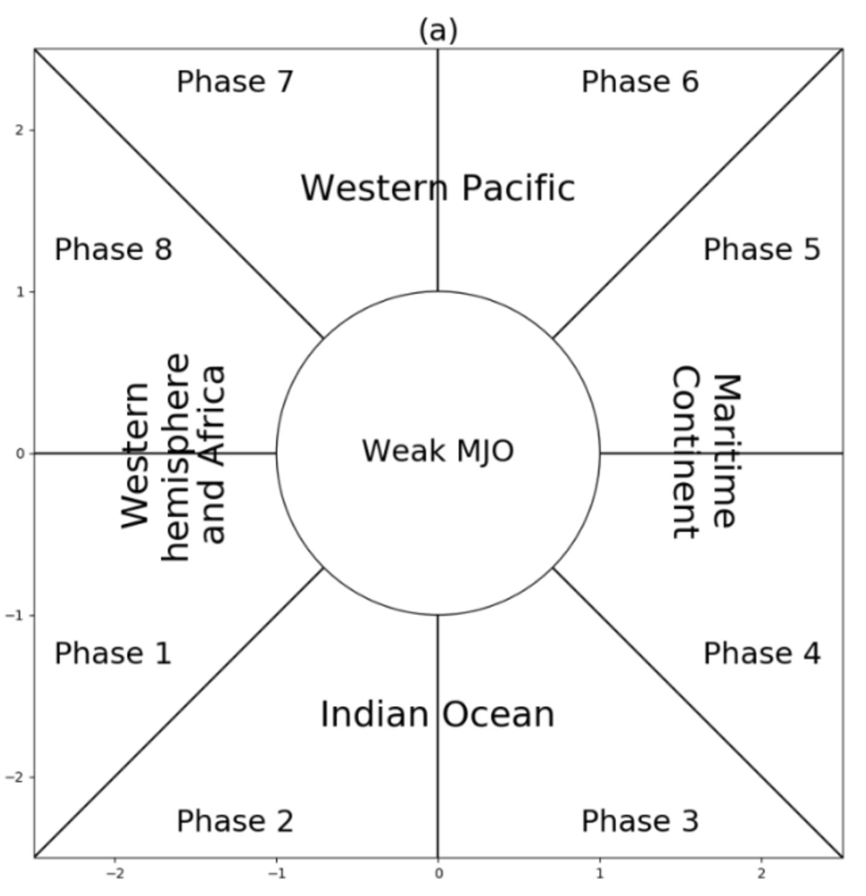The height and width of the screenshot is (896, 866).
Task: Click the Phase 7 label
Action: (x=235, y=82)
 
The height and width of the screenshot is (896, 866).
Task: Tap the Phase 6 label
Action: (x=640, y=82)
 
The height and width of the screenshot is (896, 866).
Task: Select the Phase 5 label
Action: (x=761, y=250)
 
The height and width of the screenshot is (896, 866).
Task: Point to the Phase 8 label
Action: (x=113, y=250)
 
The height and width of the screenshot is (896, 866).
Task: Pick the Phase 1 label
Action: (x=113, y=654)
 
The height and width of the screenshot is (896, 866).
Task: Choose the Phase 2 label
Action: (x=235, y=821)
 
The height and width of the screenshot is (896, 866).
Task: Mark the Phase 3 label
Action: (x=640, y=821)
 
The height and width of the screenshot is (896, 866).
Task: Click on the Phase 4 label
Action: (x=761, y=654)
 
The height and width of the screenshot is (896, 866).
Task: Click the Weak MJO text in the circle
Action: (x=438, y=451)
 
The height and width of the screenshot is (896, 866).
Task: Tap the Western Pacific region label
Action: (x=438, y=188)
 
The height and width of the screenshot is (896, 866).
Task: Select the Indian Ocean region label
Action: (x=437, y=714)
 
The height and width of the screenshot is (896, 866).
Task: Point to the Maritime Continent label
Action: (x=704, y=452)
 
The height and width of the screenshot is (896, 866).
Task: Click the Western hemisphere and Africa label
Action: (x=173, y=457)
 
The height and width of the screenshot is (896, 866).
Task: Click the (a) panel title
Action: (x=438, y=30)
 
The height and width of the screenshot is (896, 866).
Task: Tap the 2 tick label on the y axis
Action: (x=20, y=130)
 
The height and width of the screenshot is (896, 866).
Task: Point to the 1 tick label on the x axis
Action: (x=600, y=874)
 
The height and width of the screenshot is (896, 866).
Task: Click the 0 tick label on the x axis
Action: (x=438, y=874)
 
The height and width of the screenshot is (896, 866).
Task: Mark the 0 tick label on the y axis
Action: (x=20, y=453)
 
